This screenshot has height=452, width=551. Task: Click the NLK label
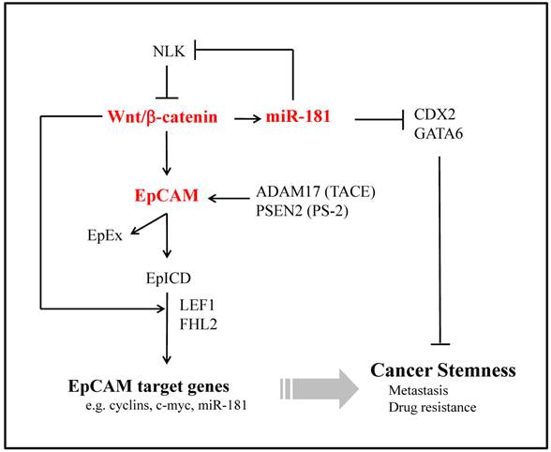click(x=170, y=51)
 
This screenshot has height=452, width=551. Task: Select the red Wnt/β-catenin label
click(x=167, y=119)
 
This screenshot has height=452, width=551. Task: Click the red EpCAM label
click(x=166, y=198)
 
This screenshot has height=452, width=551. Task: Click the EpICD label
click(x=167, y=278)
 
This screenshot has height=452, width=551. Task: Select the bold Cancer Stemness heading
click(x=443, y=370)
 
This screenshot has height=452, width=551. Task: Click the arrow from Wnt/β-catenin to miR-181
click(x=247, y=119)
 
